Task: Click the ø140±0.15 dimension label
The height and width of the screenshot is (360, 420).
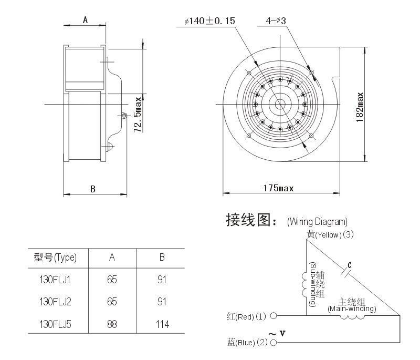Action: pyautogui.click(x=209, y=21)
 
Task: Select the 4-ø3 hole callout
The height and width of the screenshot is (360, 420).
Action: pyautogui.click(x=276, y=20)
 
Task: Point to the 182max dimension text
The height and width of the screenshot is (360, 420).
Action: pyautogui.click(x=360, y=107)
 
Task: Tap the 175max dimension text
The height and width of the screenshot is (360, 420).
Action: pyautogui.click(x=278, y=188)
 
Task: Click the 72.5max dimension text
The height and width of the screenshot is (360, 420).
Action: pyautogui.click(x=138, y=115)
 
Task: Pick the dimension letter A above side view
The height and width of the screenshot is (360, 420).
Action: pyautogui.click(x=85, y=20)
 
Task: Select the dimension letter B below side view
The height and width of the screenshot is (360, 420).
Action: pyautogui.click(x=93, y=189)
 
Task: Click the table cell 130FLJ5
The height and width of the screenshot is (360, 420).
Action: pyautogui.click(x=56, y=324)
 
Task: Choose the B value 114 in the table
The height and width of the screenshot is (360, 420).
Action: pyautogui.click(x=162, y=324)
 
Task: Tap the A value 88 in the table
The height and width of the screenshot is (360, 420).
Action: pyautogui.click(x=112, y=324)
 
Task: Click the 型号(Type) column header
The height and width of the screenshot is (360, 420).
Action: pyautogui.click(x=55, y=258)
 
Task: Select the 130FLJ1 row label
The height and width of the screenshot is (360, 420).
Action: pyautogui.click(x=55, y=280)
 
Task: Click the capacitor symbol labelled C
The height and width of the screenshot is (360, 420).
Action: pyautogui.click(x=346, y=272)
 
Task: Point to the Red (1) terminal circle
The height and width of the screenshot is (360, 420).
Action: pyautogui.click(x=273, y=316)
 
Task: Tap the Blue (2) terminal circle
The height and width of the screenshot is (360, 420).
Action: pyautogui.click(x=273, y=343)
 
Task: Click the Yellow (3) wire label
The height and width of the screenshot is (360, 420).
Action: pyautogui.click(x=330, y=234)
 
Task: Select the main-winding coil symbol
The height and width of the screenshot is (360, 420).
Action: pyautogui.click(x=352, y=317)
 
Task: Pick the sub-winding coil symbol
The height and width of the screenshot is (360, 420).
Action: pyautogui.click(x=304, y=284)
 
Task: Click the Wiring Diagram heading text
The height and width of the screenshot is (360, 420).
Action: pyautogui.click(x=317, y=222)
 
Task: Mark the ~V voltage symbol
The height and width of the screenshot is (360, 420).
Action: pyautogui.click(x=277, y=334)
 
